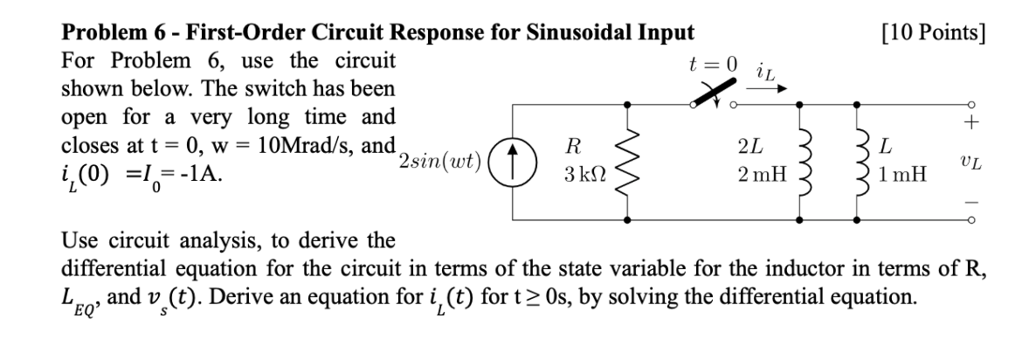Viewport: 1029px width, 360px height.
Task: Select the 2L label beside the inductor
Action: pyautogui.click(x=749, y=148)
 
